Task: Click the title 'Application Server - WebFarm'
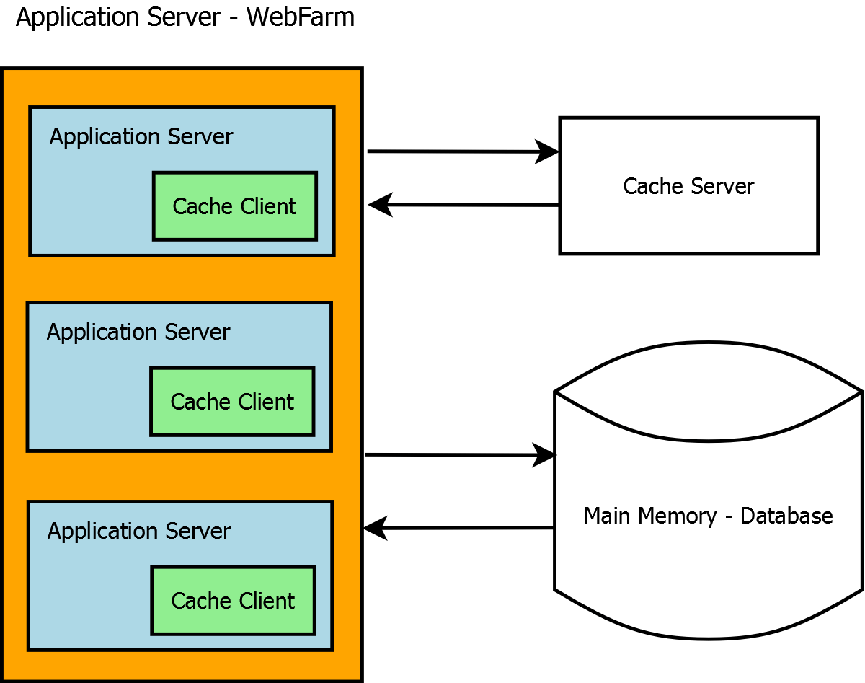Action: point(185,17)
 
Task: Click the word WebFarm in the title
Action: point(301,17)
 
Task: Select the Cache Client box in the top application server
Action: point(234,206)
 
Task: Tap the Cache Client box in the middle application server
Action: point(232,402)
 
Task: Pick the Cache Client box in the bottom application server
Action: point(233,601)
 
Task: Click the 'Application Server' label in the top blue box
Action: point(141,137)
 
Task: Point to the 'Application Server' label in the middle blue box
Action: point(138,332)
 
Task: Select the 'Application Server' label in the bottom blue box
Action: point(139,532)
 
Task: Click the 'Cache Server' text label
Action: point(688,186)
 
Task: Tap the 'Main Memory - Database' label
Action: point(708,516)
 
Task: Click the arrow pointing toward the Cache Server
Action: point(461,151)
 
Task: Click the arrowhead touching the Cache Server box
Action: point(548,152)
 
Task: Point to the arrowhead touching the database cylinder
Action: point(545,455)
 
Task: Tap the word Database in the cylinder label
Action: point(786,516)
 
